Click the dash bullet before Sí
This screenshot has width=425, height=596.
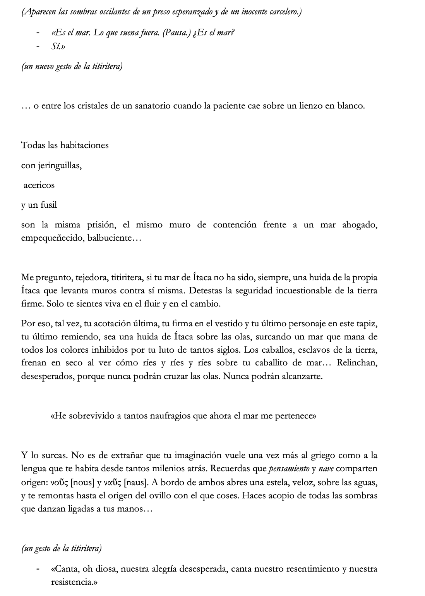38,47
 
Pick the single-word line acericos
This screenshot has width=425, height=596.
39,185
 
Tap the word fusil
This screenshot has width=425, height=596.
48,205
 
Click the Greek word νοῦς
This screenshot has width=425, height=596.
59,482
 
